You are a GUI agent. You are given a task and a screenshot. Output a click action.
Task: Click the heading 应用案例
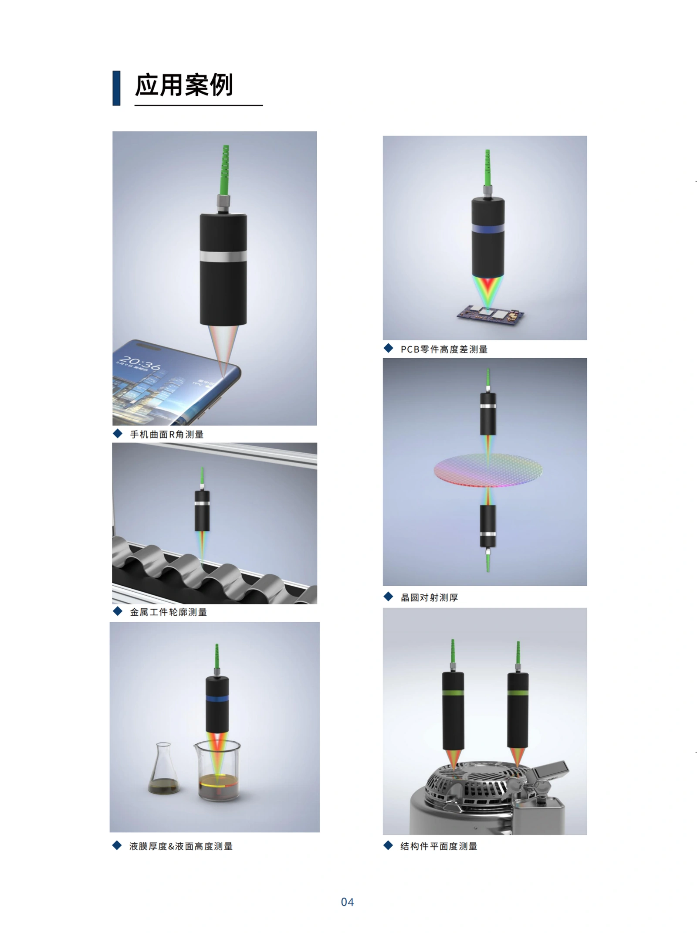(x=184, y=85)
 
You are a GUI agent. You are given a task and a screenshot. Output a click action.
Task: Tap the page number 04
(x=347, y=902)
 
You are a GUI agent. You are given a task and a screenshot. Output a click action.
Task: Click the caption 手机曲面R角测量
(x=167, y=434)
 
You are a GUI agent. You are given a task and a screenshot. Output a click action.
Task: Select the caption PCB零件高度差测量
(x=444, y=349)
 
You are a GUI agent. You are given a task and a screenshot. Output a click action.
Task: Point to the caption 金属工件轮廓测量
(x=168, y=612)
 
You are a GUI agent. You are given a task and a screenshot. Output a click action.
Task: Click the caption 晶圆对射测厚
(x=429, y=597)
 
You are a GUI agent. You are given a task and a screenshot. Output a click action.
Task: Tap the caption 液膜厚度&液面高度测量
(x=181, y=846)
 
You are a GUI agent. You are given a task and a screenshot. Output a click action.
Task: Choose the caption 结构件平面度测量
(x=439, y=846)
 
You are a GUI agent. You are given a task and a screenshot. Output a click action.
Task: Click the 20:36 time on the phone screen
(x=139, y=363)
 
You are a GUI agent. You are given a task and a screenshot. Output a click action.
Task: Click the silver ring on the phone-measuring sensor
(x=223, y=256)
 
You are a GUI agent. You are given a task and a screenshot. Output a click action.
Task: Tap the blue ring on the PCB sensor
(x=488, y=229)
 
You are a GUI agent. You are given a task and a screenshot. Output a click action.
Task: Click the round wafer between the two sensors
(x=488, y=470)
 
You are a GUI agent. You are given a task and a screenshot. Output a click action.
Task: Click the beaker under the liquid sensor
(x=217, y=771)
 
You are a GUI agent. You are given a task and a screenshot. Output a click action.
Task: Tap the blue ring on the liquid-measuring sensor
(x=217, y=699)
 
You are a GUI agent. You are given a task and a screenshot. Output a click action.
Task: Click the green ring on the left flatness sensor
(x=453, y=693)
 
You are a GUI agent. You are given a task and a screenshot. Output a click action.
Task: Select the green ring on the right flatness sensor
(x=518, y=693)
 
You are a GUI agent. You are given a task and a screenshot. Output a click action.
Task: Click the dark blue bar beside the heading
(x=116, y=88)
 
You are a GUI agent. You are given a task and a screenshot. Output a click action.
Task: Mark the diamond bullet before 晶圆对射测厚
(x=388, y=597)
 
